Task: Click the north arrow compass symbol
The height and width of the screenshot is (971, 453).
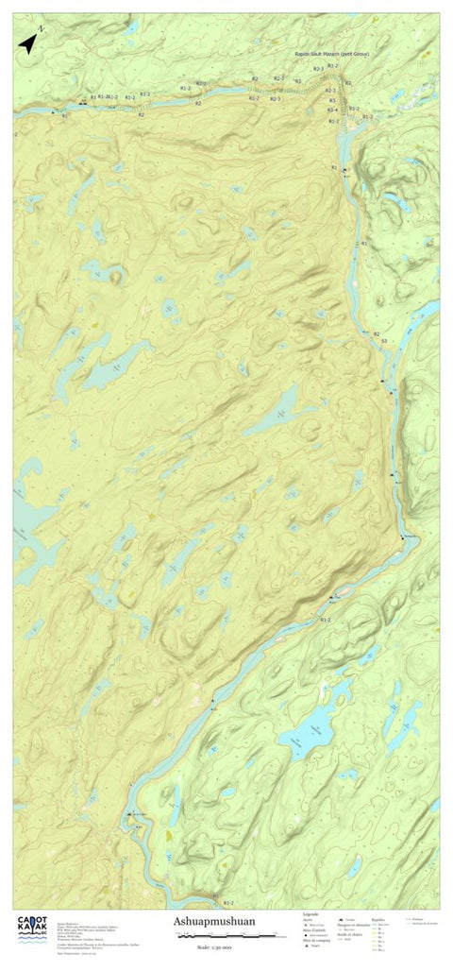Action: click(25, 43)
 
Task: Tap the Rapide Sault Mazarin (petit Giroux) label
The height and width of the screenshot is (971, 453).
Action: click(331, 56)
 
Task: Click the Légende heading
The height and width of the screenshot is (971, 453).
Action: click(310, 913)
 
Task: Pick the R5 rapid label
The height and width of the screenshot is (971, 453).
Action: click(332, 101)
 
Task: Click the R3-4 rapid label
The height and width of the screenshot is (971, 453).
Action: click(332, 111)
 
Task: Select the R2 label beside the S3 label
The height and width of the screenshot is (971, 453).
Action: click(376, 334)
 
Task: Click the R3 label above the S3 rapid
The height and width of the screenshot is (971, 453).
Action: click(363, 245)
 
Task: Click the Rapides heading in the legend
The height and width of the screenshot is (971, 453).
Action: click(379, 913)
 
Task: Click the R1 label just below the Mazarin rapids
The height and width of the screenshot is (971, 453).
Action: click(334, 167)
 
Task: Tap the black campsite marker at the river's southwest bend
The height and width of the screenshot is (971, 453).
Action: click(128, 814)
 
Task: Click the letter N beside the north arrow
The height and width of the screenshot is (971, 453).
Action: click(42, 32)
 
